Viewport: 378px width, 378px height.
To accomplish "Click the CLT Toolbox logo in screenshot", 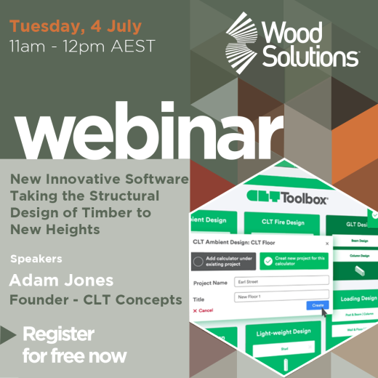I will coord(288,197).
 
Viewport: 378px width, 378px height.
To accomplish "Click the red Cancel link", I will coord(204,310).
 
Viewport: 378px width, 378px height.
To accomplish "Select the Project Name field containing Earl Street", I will coord(282,280).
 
